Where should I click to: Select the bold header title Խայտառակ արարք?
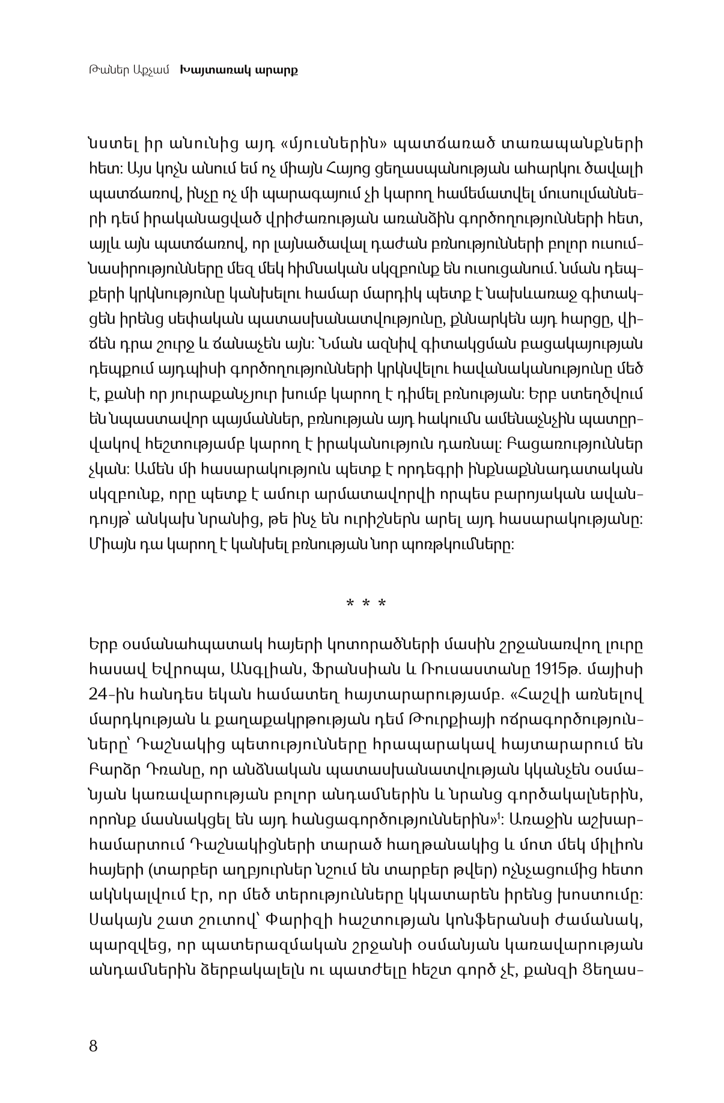click(239, 70)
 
